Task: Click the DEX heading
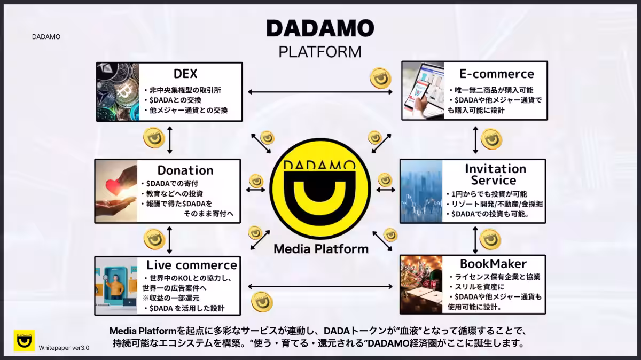click(x=185, y=74)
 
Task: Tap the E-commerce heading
click(x=497, y=74)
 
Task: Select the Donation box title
click(x=185, y=170)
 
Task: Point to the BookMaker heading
click(x=494, y=263)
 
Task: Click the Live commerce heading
click(x=192, y=265)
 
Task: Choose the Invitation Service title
click(x=495, y=174)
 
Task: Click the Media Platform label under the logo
click(x=321, y=249)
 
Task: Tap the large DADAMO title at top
click(x=320, y=28)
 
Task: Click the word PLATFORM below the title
click(x=320, y=52)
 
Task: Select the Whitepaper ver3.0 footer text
click(x=64, y=348)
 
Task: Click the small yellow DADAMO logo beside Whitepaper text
click(x=25, y=341)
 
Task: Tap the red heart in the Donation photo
click(x=113, y=186)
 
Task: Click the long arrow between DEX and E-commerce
click(x=320, y=92)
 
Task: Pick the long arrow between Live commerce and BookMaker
click(x=320, y=286)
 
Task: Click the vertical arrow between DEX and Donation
click(x=170, y=140)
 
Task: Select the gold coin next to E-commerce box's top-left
click(x=380, y=78)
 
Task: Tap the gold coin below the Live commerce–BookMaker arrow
click(x=262, y=302)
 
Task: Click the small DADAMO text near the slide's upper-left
click(x=46, y=37)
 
